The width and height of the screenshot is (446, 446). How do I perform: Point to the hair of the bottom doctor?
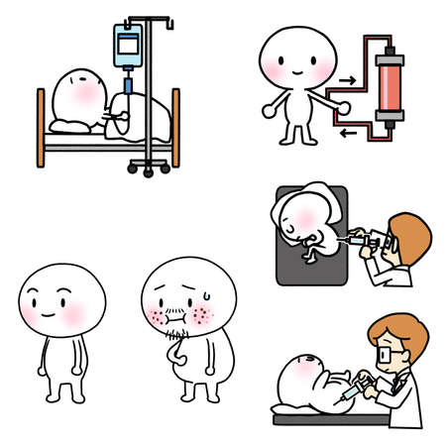click(x=390, y=331)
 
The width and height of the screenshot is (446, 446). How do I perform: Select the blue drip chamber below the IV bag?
click(x=128, y=81)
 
